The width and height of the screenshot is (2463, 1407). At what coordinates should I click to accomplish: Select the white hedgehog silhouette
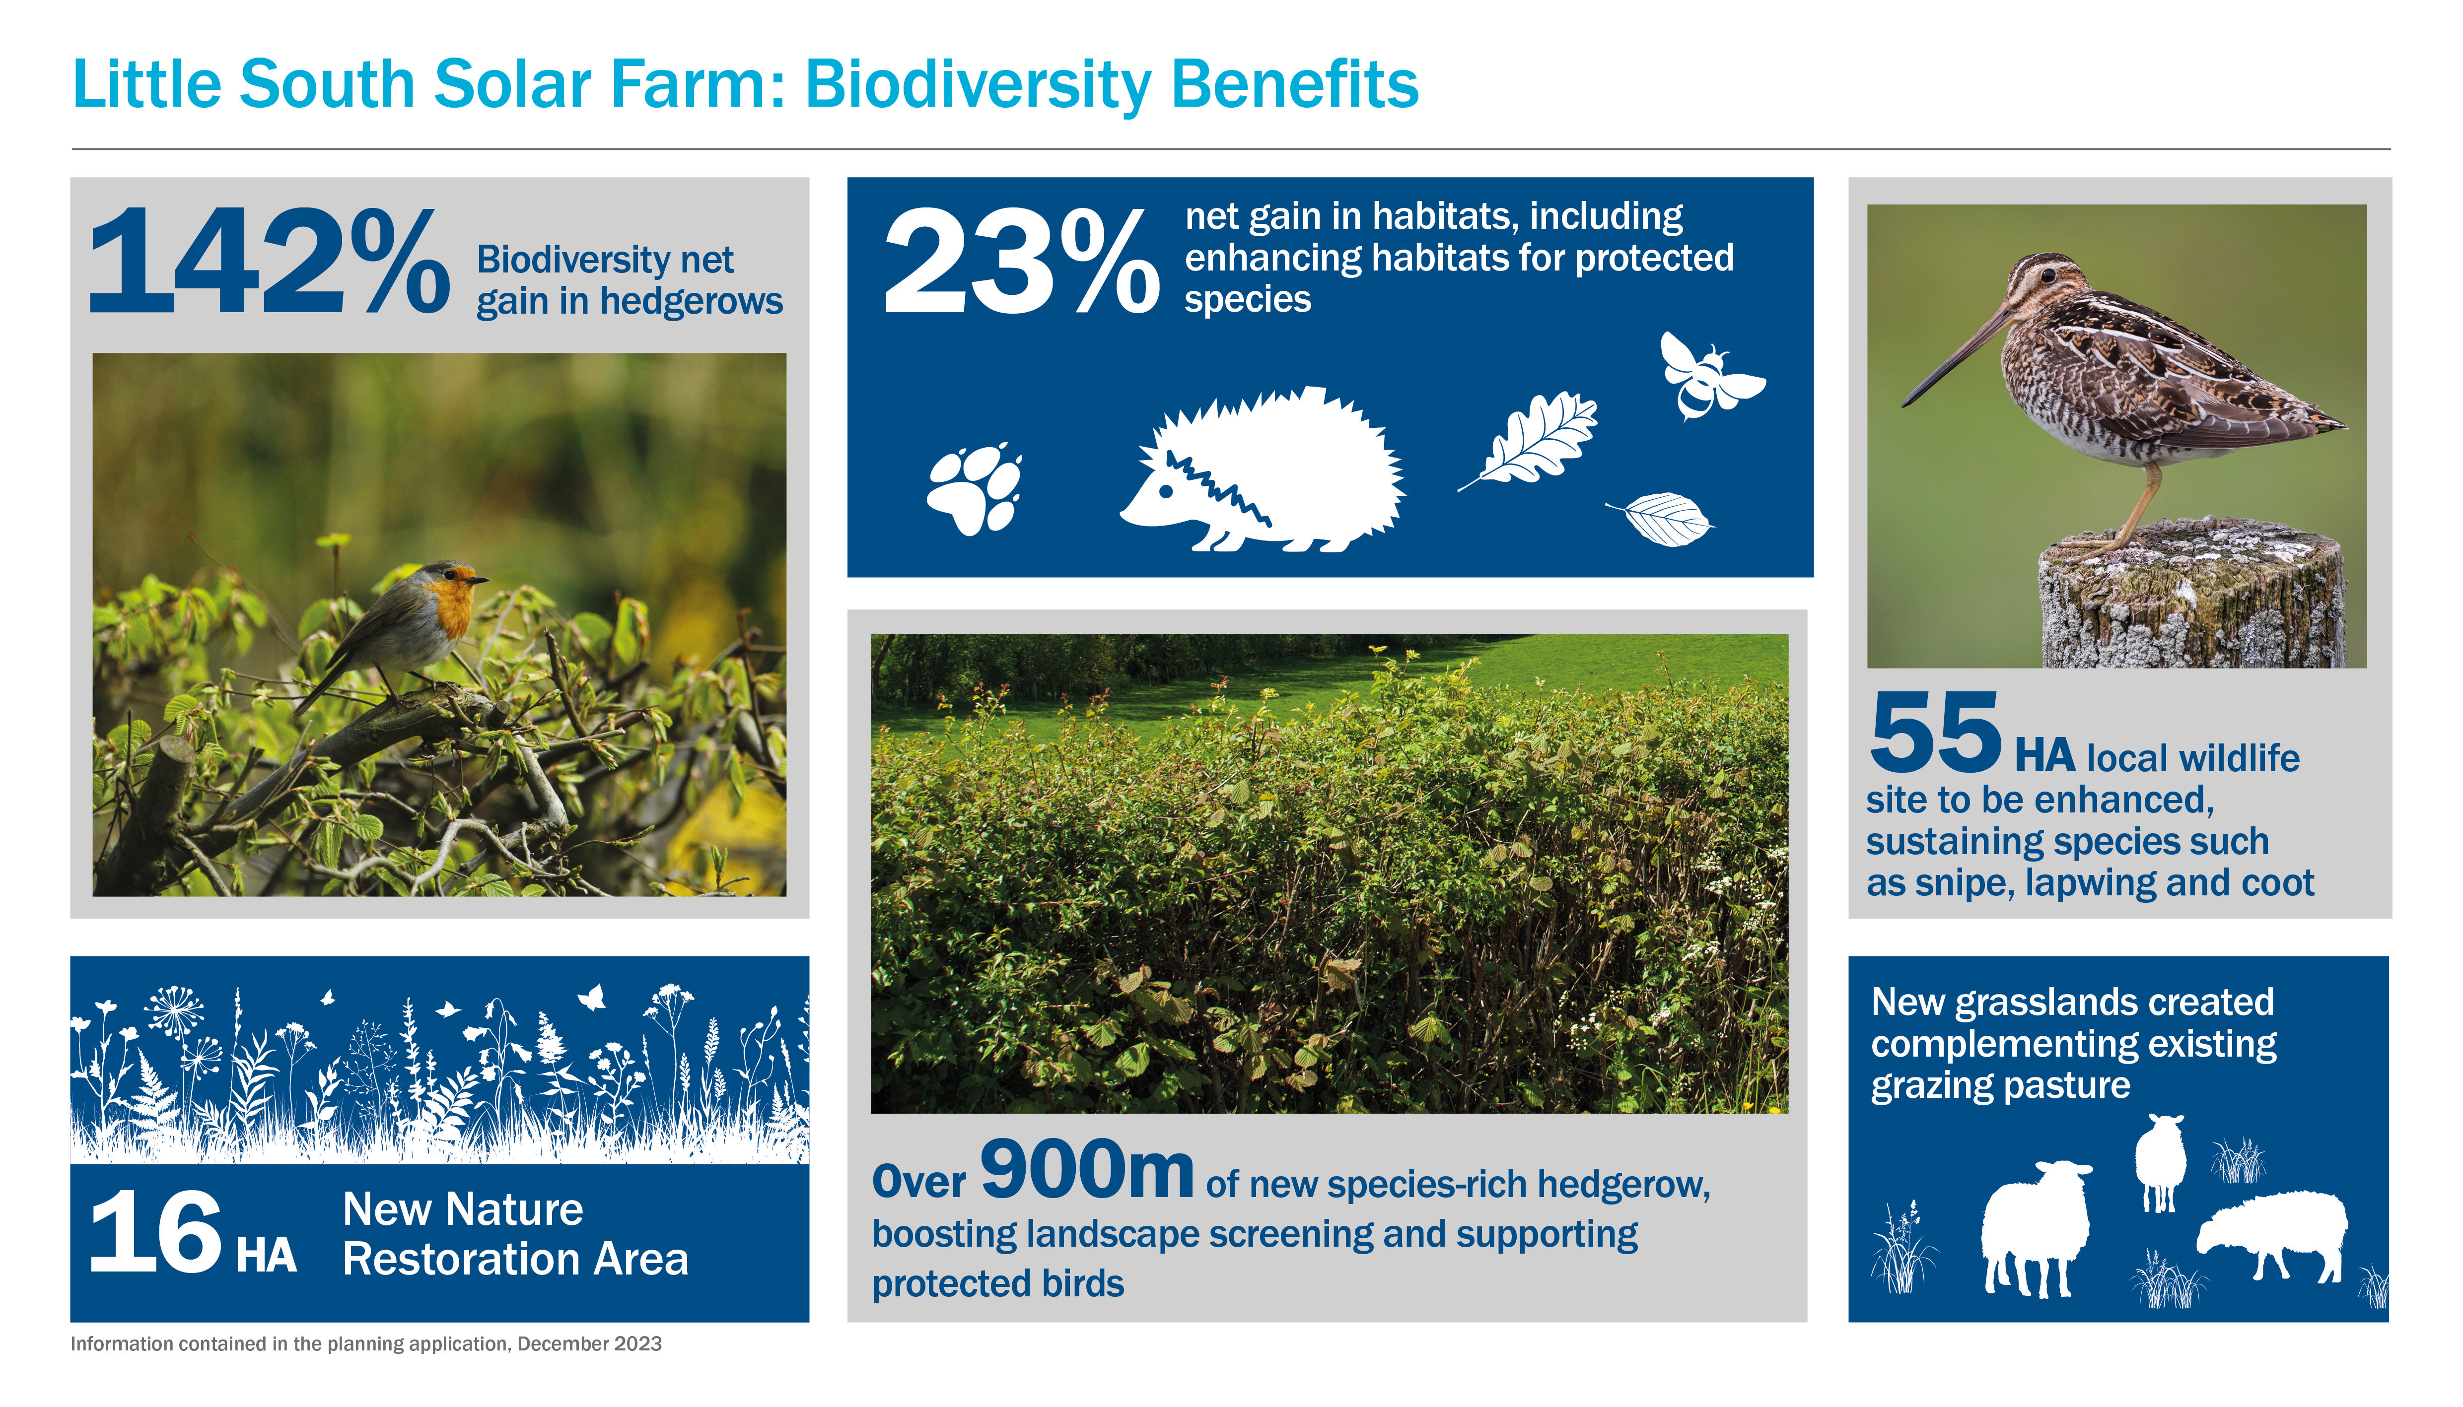tap(1263, 470)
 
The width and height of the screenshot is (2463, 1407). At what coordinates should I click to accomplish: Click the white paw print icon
tap(975, 489)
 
